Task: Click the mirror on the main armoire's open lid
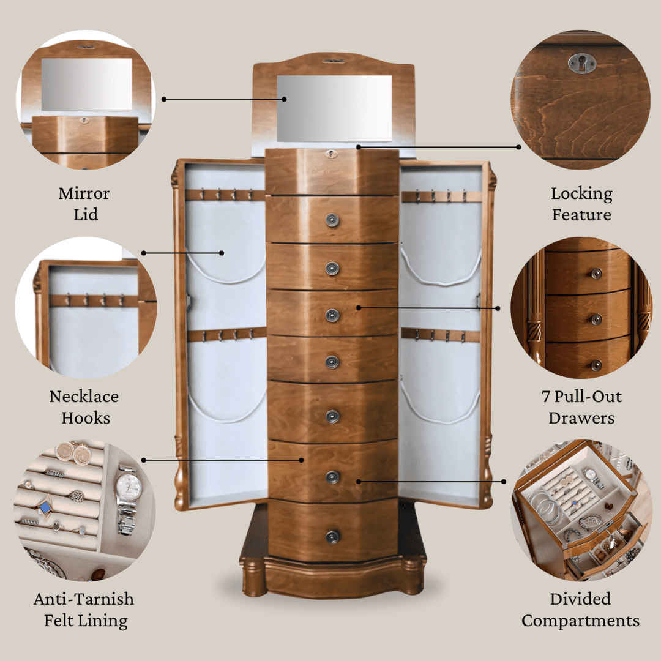coord(334,108)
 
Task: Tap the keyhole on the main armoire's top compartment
coord(331,154)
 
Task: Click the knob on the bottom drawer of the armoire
coord(332,537)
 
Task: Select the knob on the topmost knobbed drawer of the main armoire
coord(332,220)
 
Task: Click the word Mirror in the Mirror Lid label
coord(84,193)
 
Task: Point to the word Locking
coord(582,194)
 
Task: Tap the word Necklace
coord(84,397)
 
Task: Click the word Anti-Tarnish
coord(84,599)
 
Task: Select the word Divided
coord(580,599)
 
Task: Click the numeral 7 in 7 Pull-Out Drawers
coord(546,397)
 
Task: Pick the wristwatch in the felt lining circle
coord(128,499)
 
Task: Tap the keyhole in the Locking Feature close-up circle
coord(582,63)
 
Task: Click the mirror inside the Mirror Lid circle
coord(87,84)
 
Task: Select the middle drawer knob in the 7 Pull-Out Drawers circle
coord(596,319)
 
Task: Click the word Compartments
coord(580,621)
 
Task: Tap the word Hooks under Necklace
coord(86,418)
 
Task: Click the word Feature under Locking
coord(582,215)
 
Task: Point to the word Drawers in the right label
coord(581,418)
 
